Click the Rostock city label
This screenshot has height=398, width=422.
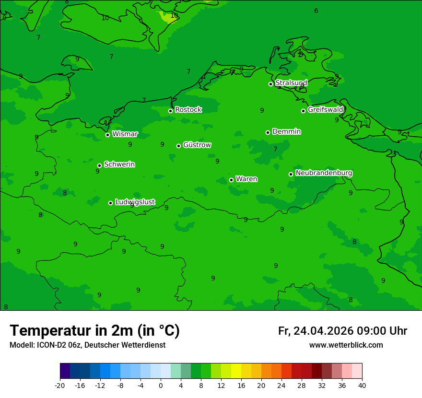tap(188, 110)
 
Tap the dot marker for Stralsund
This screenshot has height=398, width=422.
tap(270, 84)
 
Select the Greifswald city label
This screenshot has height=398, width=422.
tap(325, 110)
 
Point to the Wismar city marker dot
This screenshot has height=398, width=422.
tap(108, 135)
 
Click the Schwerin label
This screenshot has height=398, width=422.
tap(119, 164)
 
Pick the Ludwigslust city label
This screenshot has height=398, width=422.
tap(135, 202)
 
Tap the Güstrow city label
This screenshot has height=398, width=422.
tap(197, 145)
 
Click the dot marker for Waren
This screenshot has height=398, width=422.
tap(231, 180)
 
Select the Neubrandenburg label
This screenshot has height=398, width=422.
tap(324, 173)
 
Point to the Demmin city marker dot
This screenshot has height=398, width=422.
tap(268, 132)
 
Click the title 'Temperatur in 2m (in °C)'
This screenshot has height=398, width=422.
tap(95, 330)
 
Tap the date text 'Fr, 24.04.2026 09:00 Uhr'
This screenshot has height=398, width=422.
tap(342, 331)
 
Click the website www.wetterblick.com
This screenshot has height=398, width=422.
tap(346, 345)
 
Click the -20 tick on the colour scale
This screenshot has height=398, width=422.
tap(60, 385)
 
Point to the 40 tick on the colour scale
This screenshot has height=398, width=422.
tap(362, 385)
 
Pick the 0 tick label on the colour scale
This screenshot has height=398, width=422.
tap(161, 385)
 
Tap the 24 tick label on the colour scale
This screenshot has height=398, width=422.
tap(281, 385)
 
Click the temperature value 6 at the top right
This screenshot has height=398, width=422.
tap(316, 11)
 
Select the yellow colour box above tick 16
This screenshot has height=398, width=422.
tap(236, 371)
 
